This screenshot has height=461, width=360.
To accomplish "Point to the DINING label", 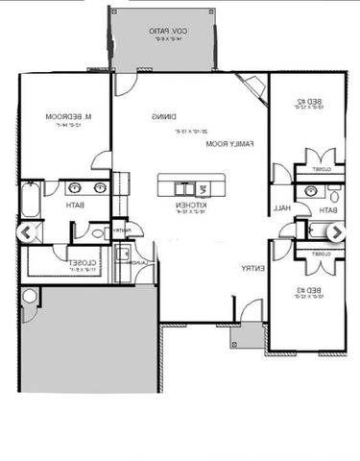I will coord(162,116).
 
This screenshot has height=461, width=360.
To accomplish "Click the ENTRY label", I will coord(252,268).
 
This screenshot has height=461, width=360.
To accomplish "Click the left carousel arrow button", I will coord(31,232).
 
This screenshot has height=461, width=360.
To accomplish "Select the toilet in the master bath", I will coord(98,231).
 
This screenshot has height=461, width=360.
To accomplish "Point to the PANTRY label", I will coord(121,230).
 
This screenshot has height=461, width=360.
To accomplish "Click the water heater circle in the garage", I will coord(29,296).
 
